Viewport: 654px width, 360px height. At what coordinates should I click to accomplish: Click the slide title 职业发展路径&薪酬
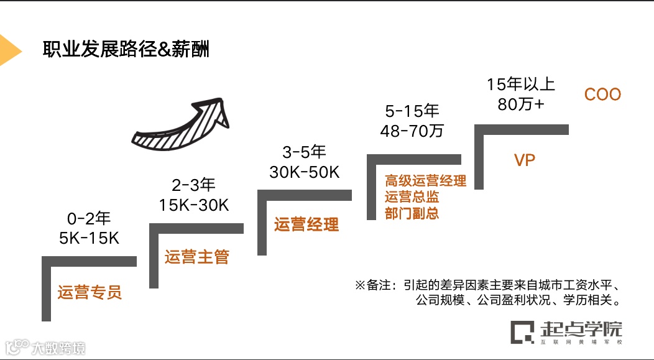(x=126, y=49)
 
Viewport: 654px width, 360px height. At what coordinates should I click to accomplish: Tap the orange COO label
(x=602, y=95)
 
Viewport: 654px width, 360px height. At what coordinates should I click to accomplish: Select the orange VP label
(x=525, y=160)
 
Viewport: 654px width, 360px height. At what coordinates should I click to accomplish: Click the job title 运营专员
(x=90, y=292)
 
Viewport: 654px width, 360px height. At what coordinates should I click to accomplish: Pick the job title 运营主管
(x=197, y=256)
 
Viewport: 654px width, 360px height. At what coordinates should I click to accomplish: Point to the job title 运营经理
(x=306, y=224)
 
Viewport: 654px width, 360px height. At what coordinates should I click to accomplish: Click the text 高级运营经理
(x=425, y=182)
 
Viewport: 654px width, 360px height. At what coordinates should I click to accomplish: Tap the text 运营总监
(x=412, y=197)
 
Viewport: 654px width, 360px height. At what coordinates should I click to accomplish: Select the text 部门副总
(x=412, y=213)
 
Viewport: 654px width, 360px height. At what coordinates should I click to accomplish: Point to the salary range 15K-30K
(x=193, y=205)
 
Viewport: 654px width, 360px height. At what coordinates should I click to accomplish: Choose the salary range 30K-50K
(x=304, y=172)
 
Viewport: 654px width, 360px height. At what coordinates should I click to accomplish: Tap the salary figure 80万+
(x=520, y=104)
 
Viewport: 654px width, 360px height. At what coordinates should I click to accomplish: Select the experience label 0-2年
(x=88, y=218)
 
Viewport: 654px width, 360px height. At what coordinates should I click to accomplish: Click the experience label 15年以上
(x=520, y=85)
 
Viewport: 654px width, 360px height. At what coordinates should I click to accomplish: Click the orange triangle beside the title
(x=9, y=50)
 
